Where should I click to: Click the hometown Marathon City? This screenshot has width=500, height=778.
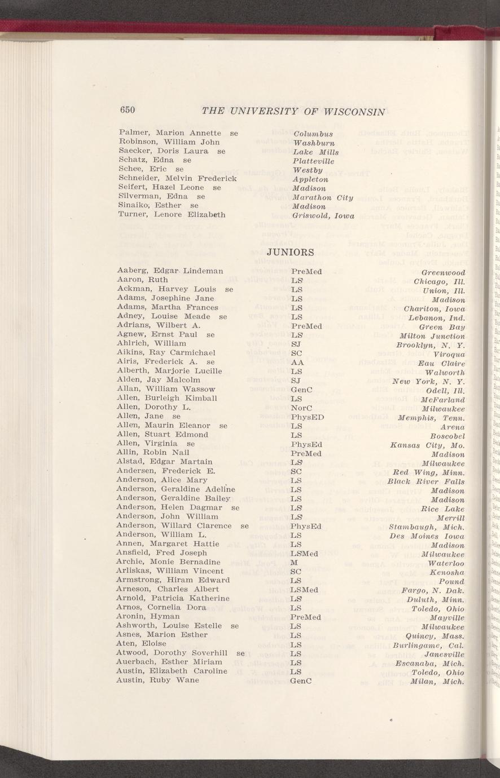pos(323,197)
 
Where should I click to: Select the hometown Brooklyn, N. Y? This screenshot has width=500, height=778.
pos(431,344)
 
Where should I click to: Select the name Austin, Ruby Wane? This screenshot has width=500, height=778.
pos(157,680)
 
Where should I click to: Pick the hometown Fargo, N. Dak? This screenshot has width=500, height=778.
pos(433,590)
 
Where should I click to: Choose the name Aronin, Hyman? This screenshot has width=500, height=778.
pos(147,617)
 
